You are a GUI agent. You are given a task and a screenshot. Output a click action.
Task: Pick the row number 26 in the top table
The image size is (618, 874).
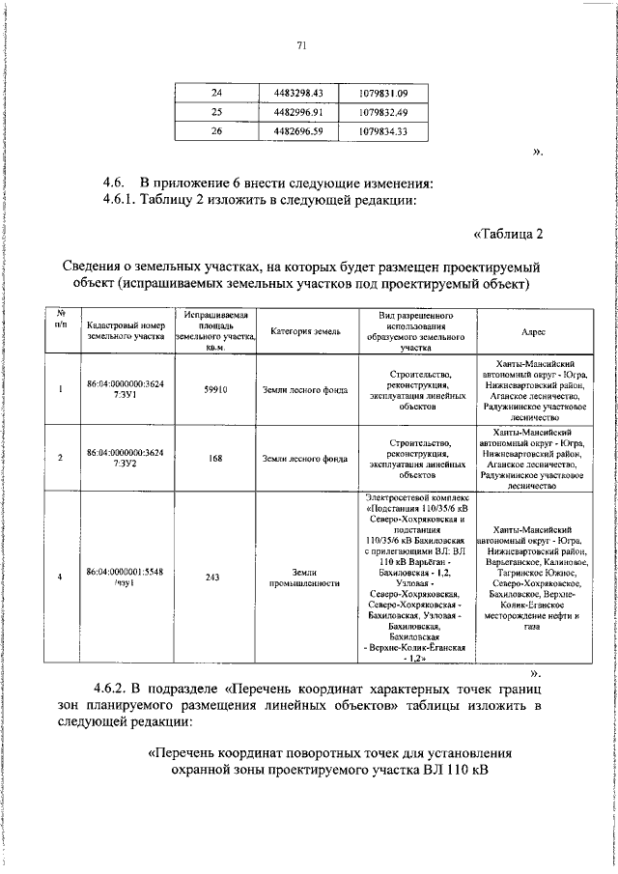216,131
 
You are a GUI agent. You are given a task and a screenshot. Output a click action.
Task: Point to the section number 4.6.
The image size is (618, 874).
117,183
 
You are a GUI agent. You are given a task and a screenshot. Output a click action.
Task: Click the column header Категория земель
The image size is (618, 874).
301,331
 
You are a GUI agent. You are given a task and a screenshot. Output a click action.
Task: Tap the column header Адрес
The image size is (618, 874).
533,331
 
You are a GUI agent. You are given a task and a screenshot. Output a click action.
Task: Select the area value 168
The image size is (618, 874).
215,459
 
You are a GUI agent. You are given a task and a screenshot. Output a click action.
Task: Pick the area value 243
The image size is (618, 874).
215,578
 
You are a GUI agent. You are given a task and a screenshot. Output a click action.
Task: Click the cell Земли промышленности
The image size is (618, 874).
301,578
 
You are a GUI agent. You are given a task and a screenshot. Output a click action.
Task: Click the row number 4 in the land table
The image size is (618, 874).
61,578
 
